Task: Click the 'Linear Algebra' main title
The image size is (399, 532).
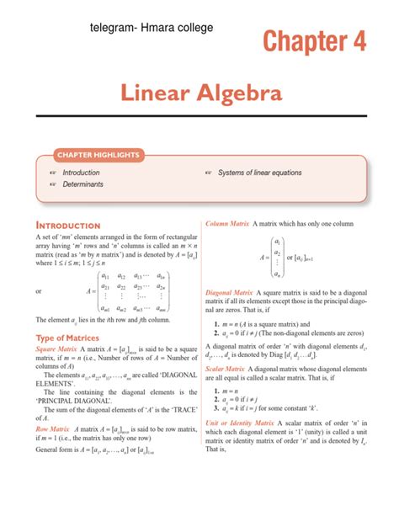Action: tap(199, 93)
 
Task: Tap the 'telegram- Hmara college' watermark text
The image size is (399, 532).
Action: tap(151, 28)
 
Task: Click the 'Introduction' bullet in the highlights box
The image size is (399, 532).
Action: tap(87, 172)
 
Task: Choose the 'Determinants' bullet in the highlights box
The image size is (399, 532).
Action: tap(87, 183)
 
